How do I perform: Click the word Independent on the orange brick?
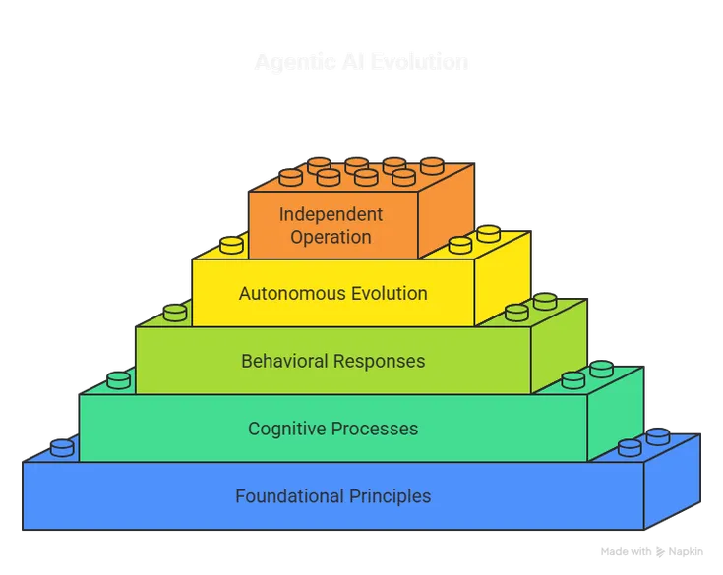(331, 214)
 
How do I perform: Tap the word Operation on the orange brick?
(331, 237)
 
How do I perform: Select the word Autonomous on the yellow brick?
(286, 293)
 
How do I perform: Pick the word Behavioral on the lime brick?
(284, 361)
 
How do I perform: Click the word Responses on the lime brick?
(380, 361)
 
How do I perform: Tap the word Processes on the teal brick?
(377, 429)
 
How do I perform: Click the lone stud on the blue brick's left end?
(62, 448)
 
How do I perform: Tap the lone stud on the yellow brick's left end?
(231, 245)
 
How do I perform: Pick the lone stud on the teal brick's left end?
(118, 379)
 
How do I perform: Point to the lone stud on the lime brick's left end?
(175, 313)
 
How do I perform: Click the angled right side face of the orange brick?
(448, 210)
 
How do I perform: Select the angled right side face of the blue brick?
(672, 482)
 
